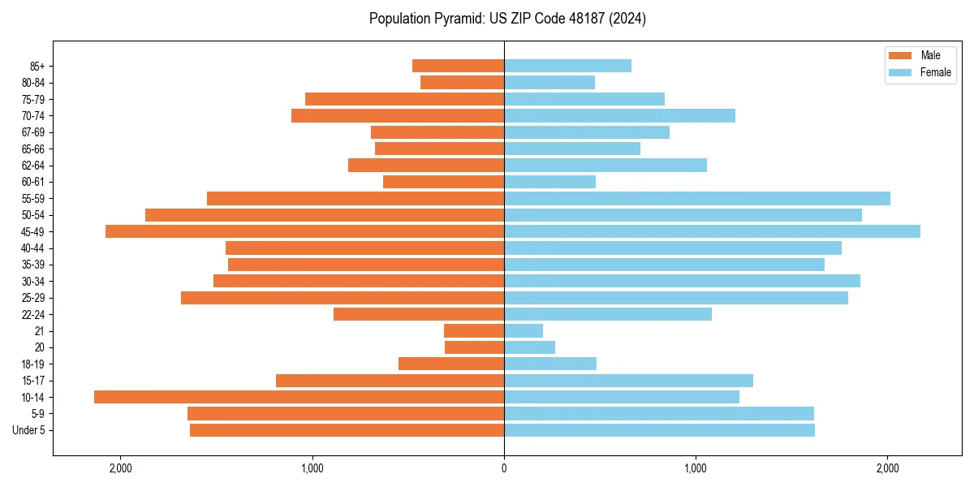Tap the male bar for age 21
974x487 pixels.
pyautogui.click(x=474, y=331)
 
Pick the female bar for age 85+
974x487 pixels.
pyautogui.click(x=567, y=66)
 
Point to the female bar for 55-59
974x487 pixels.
pyautogui.click(x=697, y=198)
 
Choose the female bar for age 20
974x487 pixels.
pyautogui.click(x=529, y=347)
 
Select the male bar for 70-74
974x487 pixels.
pyautogui.click(x=398, y=116)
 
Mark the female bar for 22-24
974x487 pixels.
pyautogui.click(x=608, y=314)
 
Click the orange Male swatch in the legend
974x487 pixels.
pyautogui.click(x=901, y=55)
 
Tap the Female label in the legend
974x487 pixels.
pyautogui.click(x=935, y=72)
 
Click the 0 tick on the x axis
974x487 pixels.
pyautogui.click(x=504, y=468)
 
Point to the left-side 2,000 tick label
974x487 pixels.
pyautogui.click(x=120, y=468)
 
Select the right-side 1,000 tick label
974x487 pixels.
pyautogui.click(x=696, y=468)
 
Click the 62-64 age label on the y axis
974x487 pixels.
pyautogui.click(x=33, y=166)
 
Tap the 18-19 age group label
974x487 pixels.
pyautogui.click(x=33, y=364)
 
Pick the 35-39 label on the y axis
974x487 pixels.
pyautogui.click(x=33, y=265)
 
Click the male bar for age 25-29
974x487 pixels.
pyautogui.click(x=343, y=298)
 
